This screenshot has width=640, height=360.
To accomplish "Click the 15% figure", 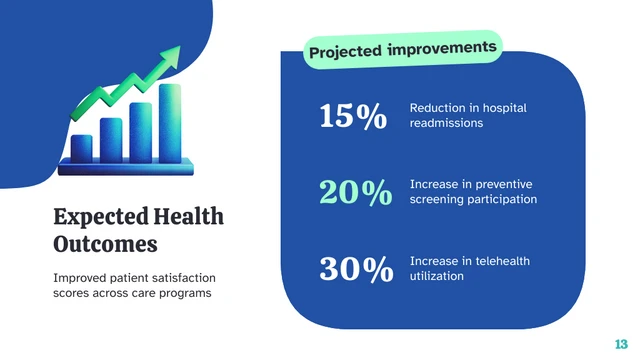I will (352, 116).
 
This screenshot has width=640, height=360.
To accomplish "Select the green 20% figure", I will (355, 193).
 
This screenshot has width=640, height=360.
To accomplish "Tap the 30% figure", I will (355, 269).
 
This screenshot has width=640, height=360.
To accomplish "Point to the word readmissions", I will (446, 123).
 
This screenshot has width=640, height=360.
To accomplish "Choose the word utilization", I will (437, 275).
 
